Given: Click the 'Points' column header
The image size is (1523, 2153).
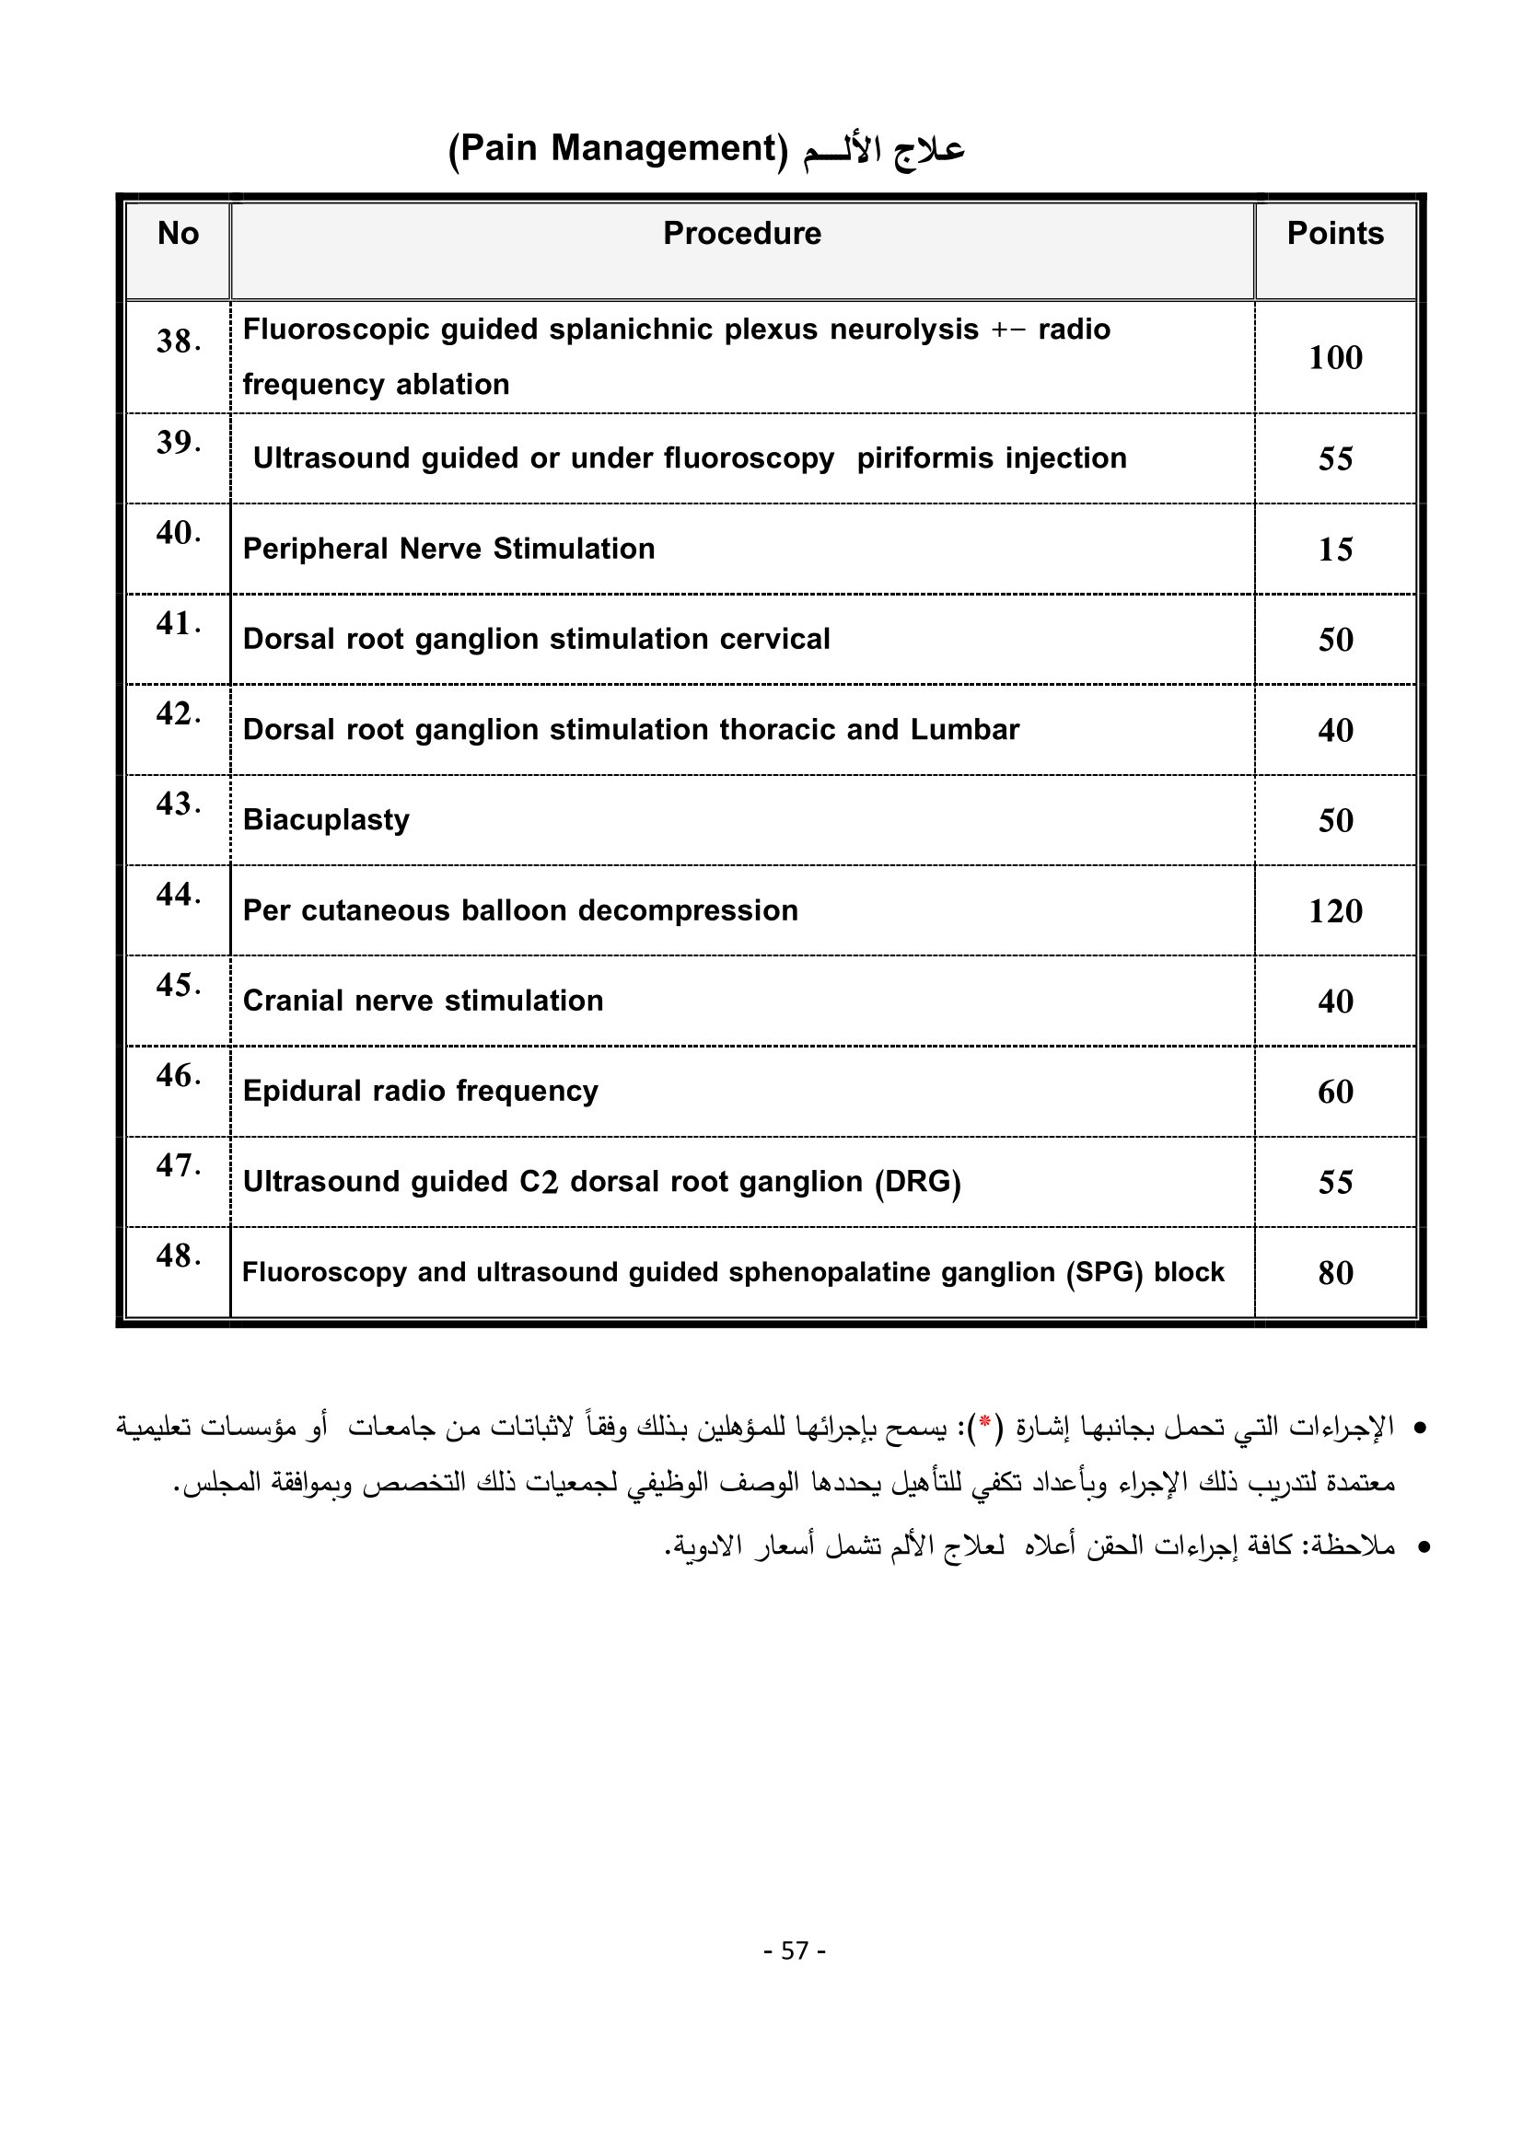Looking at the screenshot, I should click(x=1334, y=234).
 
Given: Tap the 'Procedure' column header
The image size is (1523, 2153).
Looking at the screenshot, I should click(x=742, y=234).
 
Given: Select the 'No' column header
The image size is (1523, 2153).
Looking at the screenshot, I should click(x=179, y=234).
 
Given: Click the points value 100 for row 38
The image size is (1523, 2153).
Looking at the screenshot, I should click(x=1334, y=357).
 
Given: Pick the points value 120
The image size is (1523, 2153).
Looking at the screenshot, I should click(x=1334, y=910).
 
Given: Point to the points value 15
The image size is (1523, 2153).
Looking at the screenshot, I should click(x=1334, y=550).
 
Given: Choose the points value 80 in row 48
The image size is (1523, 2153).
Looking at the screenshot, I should click(x=1334, y=1272).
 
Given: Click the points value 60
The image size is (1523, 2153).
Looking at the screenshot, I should click(x=1334, y=1092).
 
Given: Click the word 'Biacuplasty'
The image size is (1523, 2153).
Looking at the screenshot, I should click(x=326, y=820).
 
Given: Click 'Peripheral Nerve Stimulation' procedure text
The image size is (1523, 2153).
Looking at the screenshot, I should click(x=448, y=549).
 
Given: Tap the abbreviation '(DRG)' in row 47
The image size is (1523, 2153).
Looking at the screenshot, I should click(x=917, y=1182).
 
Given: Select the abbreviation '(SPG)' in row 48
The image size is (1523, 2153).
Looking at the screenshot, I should click(x=1104, y=1272).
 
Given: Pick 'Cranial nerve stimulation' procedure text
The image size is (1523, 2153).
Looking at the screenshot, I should click(x=423, y=1001).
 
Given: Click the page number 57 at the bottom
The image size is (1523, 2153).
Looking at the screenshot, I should click(x=795, y=1950).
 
